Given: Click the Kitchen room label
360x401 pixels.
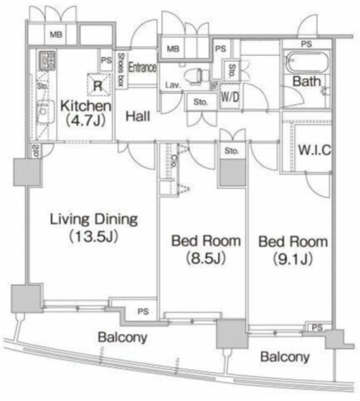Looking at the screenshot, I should click(86, 106).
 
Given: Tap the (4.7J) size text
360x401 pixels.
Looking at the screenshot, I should click(86, 121).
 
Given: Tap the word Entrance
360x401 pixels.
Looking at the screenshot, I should click(142, 67).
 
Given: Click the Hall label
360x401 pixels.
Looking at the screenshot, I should click(136, 116).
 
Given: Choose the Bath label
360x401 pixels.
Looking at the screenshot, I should click(307, 81).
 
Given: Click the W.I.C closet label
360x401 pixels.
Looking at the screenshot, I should click(314, 150).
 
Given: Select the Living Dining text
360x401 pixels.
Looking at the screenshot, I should click(93, 219).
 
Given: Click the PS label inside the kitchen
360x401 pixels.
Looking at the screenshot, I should click(104, 60).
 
